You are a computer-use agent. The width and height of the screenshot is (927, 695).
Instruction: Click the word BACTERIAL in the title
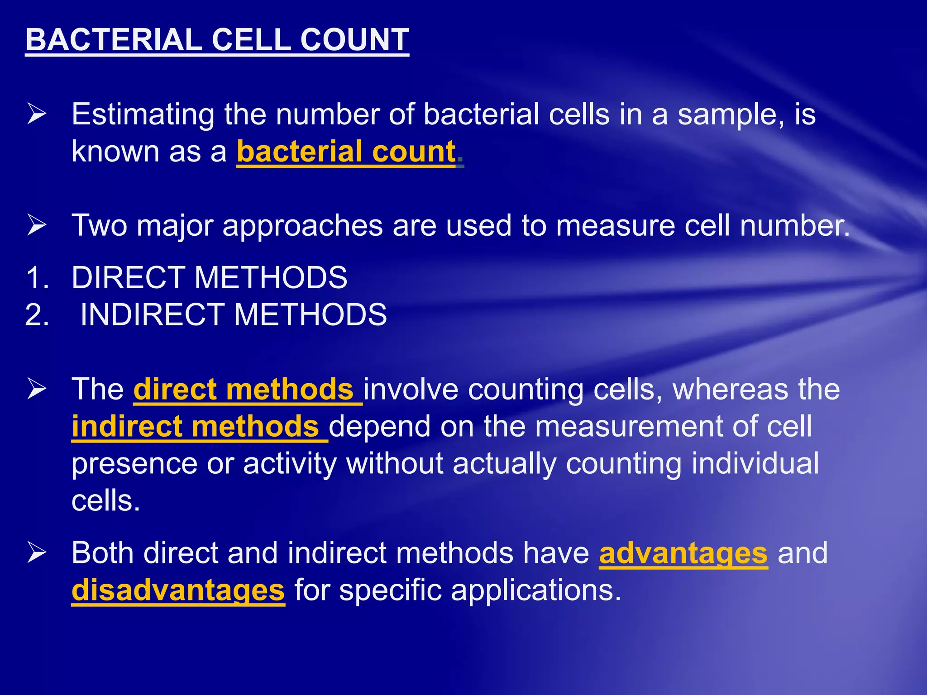coord(114,40)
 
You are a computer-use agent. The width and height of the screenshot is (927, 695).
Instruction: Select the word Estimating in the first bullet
coord(143,114)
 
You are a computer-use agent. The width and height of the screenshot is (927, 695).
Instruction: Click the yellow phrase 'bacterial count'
coord(346,151)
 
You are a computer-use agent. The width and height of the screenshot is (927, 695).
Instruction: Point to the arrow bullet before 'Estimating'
coord(37,113)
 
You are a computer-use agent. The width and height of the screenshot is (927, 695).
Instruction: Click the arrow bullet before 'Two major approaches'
coord(37,225)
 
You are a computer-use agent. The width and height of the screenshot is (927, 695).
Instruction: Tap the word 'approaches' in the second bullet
coord(303,225)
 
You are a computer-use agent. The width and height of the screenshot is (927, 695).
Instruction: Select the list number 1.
coord(37,277)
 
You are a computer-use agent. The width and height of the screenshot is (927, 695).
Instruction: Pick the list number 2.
coord(37,314)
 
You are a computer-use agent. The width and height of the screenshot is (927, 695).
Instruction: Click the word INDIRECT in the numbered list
coord(152,314)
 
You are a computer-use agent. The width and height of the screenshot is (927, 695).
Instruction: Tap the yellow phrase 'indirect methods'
coord(196,426)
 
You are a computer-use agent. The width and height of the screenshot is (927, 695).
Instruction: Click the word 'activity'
coord(290,464)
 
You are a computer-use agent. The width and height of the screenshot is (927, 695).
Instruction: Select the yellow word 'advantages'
coord(683,553)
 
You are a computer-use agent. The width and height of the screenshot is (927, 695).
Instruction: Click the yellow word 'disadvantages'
coord(178,590)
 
